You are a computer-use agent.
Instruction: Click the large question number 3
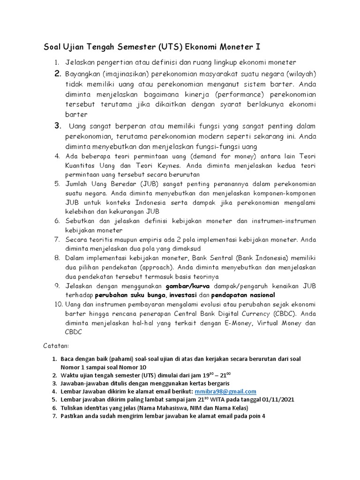point(58,126)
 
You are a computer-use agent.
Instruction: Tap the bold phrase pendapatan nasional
point(243,295)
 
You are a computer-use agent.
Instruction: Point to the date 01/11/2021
point(278,399)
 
